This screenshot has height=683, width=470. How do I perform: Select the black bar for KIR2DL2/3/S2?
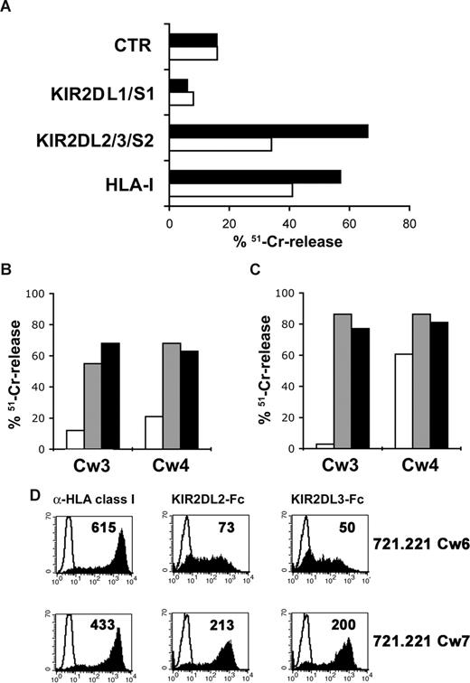tap(268, 132)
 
